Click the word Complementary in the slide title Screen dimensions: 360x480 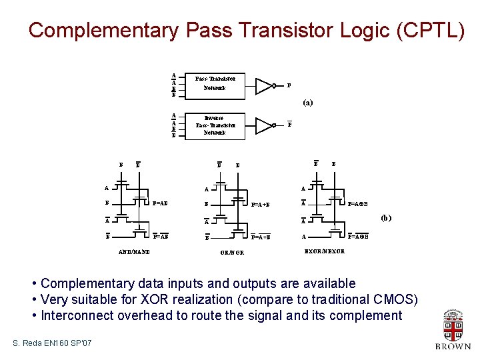point(103,30)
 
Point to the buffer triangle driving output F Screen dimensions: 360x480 point(265,85)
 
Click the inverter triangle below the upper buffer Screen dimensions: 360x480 point(265,125)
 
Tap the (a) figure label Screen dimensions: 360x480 point(307,103)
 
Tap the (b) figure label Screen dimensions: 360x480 point(385,217)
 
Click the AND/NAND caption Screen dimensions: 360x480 point(134,252)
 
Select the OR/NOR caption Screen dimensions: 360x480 point(232,253)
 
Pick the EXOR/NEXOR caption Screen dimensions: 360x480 point(325,251)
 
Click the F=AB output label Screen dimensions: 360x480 point(160,203)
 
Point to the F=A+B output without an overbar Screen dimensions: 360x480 point(260,205)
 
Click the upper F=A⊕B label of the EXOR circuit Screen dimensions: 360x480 point(358,203)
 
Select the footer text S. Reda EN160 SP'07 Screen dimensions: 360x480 point(53,343)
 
